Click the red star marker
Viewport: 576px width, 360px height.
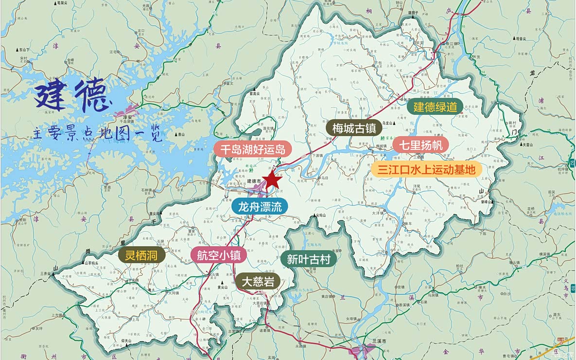pyautogui.click(x=273, y=180)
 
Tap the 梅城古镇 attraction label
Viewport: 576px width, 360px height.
pyautogui.click(x=354, y=128)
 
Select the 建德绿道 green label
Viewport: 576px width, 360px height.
pyautogui.click(x=435, y=107)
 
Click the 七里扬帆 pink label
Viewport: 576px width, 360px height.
pyautogui.click(x=421, y=144)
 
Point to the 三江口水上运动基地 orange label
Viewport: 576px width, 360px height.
pyautogui.click(x=426, y=169)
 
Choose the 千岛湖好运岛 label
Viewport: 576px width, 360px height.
pyautogui.click(x=249, y=149)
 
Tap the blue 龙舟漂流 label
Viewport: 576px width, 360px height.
pyautogui.click(x=260, y=206)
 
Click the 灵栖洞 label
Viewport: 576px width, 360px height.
pyautogui.click(x=142, y=255)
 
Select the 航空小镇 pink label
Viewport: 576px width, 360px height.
pyautogui.click(x=219, y=255)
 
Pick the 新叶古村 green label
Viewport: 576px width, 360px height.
pyautogui.click(x=309, y=259)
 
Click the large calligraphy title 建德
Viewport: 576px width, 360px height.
pyautogui.click(x=71, y=96)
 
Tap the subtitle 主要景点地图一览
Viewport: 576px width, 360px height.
pyautogui.click(x=97, y=133)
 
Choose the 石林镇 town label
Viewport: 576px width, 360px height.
pyautogui.click(x=147, y=190)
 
